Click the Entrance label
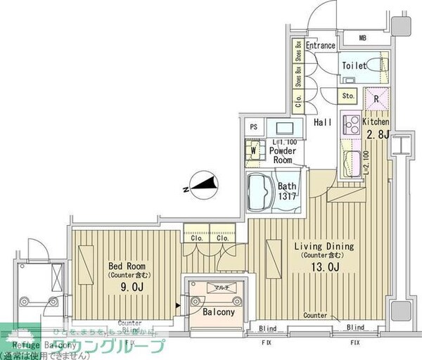tap(320, 46)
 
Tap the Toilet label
tap(354, 65)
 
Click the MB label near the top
tap(363, 37)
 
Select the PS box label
tap(254, 127)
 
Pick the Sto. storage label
tap(347, 94)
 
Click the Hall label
tap(323, 122)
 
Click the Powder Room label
tap(283, 155)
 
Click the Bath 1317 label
tap(286, 192)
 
